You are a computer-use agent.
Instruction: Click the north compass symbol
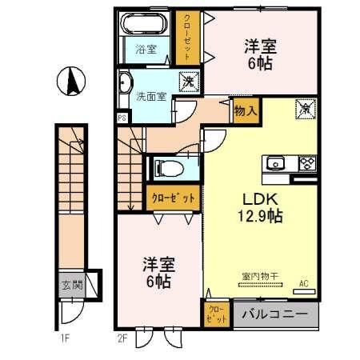pos(70,81)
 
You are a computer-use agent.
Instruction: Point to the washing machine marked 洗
pos(186,82)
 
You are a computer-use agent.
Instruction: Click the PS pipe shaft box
pos(122,118)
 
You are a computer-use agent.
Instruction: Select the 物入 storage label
pos(244,113)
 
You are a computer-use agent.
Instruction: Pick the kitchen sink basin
pos(277,164)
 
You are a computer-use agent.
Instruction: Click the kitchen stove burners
pos(307,164)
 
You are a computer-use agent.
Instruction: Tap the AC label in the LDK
pos(304,282)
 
